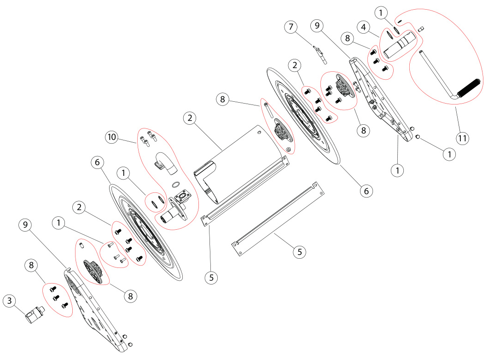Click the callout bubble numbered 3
point(9,302)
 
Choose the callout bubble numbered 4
point(364,28)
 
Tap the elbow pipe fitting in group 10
point(165,163)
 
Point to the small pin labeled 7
point(320,54)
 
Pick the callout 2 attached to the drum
point(189,118)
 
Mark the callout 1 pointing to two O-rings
point(124,173)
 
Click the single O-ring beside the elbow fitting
point(175,185)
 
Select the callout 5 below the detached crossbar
point(299,252)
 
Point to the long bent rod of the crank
point(437,74)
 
